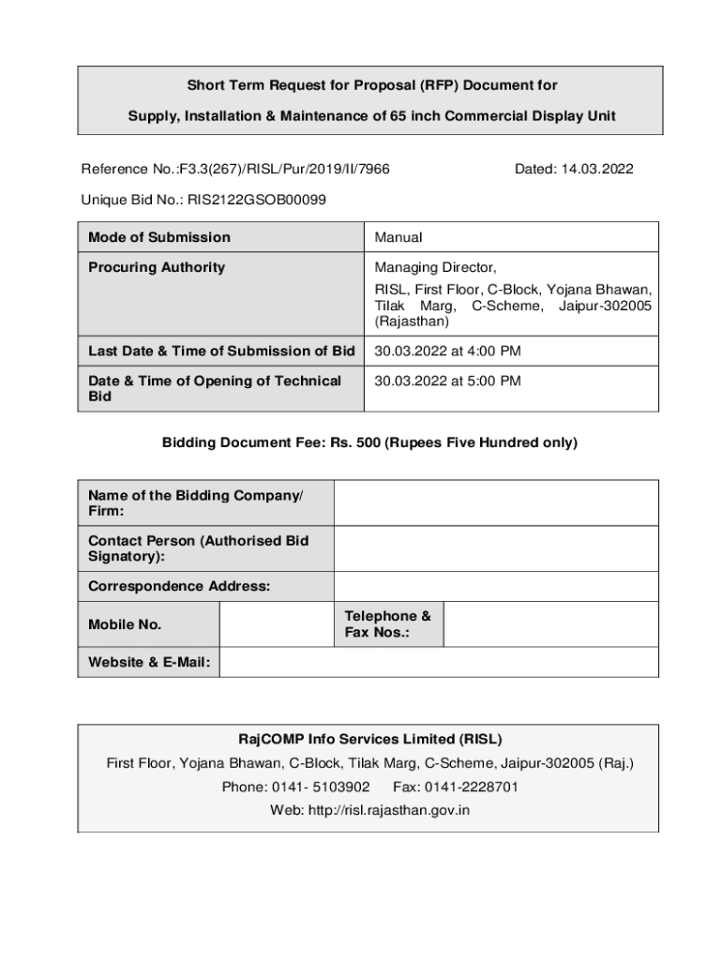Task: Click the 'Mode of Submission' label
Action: click(x=159, y=237)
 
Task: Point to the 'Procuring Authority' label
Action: click(x=157, y=267)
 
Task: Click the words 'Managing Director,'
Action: click(x=435, y=267)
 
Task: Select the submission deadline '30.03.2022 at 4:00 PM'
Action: click(x=447, y=352)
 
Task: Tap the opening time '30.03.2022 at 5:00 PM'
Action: click(x=447, y=381)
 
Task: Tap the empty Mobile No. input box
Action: click(x=276, y=624)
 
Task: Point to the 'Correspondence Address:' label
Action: click(x=179, y=586)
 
